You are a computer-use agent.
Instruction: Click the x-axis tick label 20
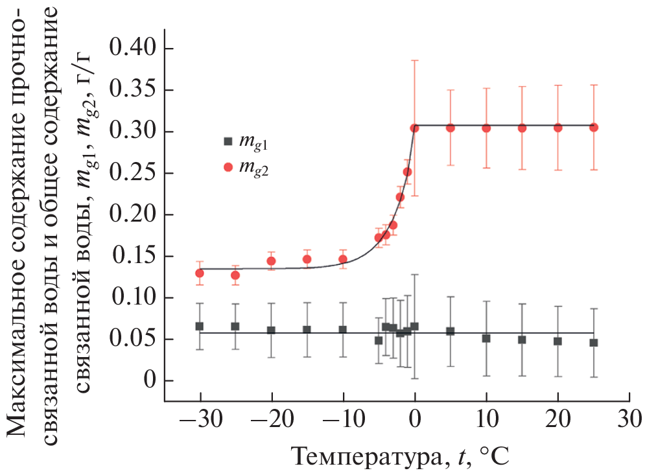pyautogui.click(x=557, y=419)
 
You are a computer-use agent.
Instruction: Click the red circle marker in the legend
pyautogui.click(x=228, y=167)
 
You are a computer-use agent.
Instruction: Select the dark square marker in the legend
pyautogui.click(x=228, y=141)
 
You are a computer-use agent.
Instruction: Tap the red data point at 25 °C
pyautogui.click(x=593, y=128)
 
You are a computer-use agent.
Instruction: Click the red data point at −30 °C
pyautogui.click(x=200, y=273)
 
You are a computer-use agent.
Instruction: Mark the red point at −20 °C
pyautogui.click(x=271, y=261)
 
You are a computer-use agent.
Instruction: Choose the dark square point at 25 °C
pyautogui.click(x=593, y=342)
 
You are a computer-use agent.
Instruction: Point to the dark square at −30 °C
pyautogui.click(x=200, y=326)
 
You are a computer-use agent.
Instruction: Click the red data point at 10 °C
pyautogui.click(x=486, y=128)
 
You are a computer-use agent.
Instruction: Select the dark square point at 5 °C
pyautogui.click(x=451, y=331)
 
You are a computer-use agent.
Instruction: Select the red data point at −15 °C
pyautogui.click(x=307, y=259)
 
